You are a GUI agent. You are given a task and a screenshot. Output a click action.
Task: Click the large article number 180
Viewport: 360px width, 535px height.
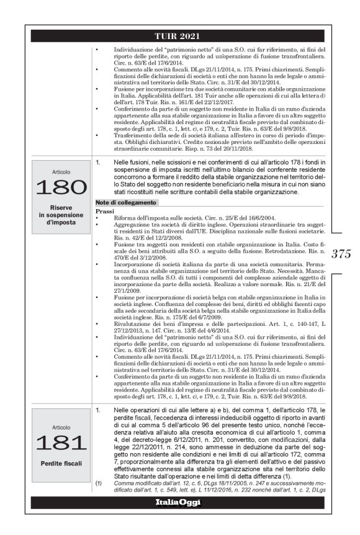pyautogui.click(x=61, y=186)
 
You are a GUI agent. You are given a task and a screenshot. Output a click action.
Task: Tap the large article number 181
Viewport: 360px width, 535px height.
pyautogui.click(x=61, y=443)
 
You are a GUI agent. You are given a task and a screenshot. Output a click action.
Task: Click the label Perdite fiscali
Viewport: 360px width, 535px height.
pyautogui.click(x=61, y=463)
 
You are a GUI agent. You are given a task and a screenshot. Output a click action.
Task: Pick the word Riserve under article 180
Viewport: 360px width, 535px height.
pyautogui.click(x=61, y=206)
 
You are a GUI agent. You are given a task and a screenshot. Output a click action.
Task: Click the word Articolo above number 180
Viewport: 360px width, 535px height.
pyautogui.click(x=61, y=170)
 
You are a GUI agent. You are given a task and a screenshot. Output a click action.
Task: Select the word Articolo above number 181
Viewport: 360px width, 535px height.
pyautogui.click(x=61, y=428)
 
